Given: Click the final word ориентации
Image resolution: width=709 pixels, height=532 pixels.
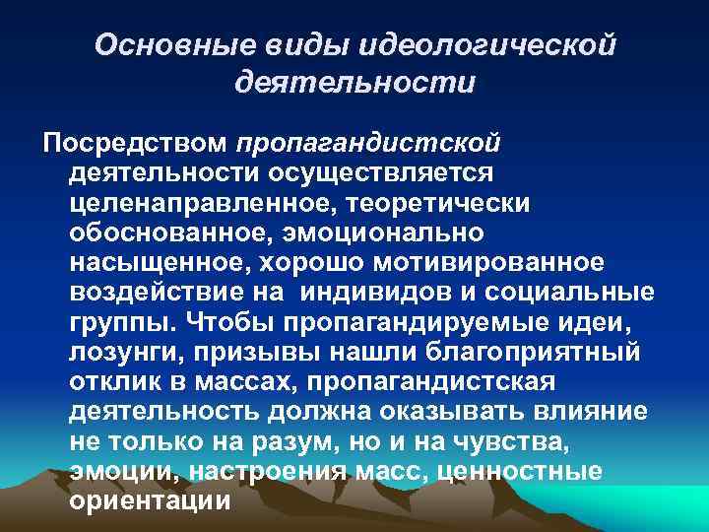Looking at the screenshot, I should click(150, 500).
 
